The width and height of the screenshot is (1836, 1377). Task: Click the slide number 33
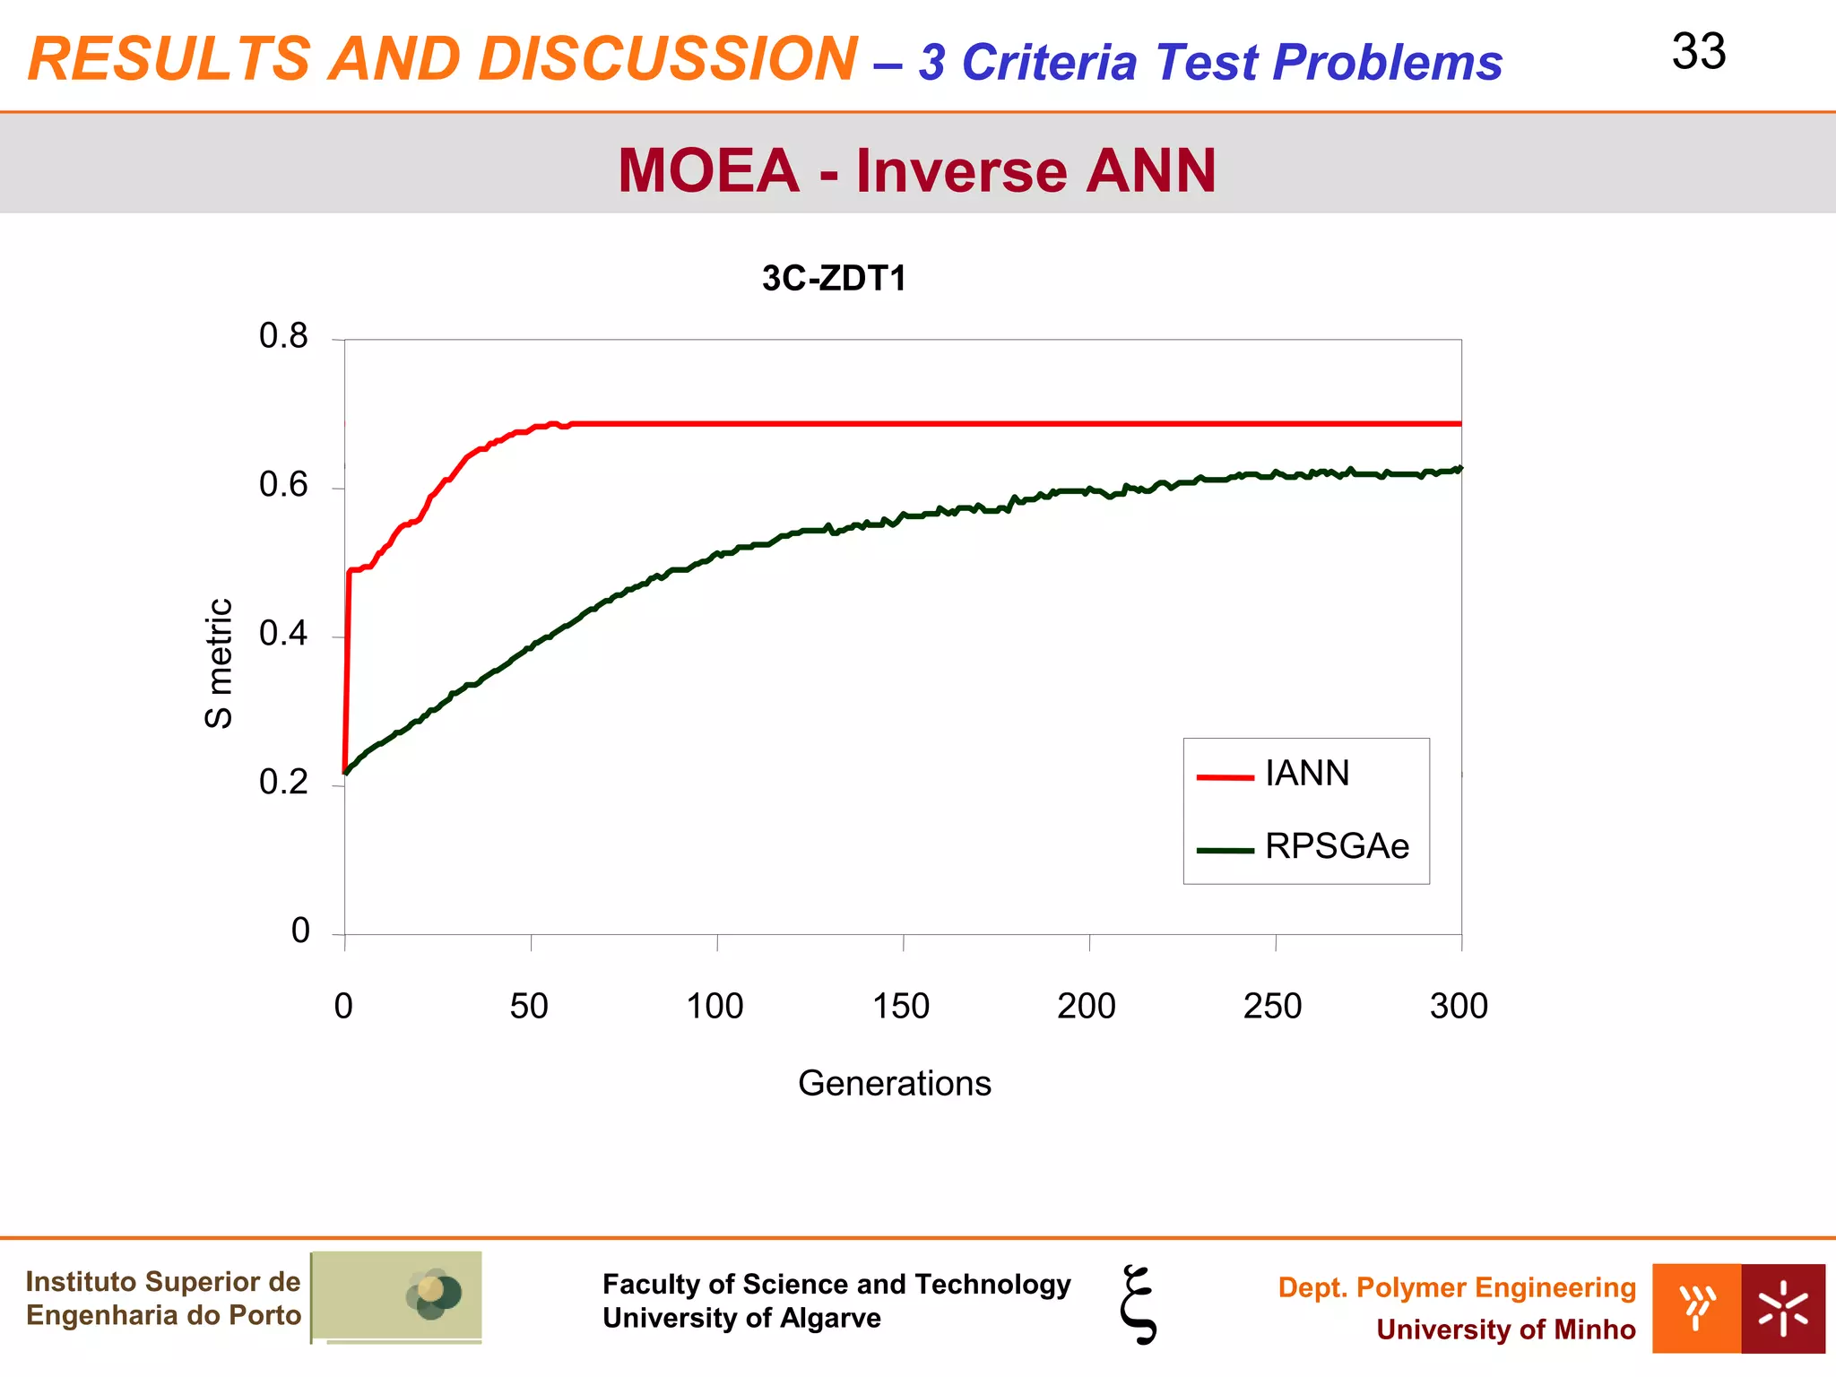point(1698,52)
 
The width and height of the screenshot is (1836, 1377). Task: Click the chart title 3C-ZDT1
point(834,279)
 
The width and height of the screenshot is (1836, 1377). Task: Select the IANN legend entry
point(1306,774)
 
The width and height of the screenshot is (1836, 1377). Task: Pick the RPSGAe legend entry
point(1336,846)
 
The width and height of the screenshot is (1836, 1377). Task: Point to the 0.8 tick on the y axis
point(283,336)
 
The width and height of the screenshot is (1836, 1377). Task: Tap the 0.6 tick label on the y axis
point(283,485)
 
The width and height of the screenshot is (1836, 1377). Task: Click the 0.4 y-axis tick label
point(283,634)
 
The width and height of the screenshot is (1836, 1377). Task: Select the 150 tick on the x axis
point(901,1006)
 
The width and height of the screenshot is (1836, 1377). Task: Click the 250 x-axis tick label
point(1272,1006)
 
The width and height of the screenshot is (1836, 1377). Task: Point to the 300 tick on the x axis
point(1459,1006)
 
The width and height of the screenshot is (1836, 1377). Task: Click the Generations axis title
point(894,1083)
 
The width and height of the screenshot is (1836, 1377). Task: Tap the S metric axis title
point(219,663)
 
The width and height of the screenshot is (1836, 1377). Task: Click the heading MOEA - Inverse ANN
point(916,170)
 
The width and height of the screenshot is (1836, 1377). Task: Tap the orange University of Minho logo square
point(1696,1308)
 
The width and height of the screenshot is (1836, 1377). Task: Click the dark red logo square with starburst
point(1782,1308)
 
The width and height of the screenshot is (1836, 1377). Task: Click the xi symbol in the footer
point(1139,1304)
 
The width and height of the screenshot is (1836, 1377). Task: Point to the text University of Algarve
point(741,1319)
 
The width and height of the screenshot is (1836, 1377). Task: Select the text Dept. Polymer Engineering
point(1457,1287)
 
